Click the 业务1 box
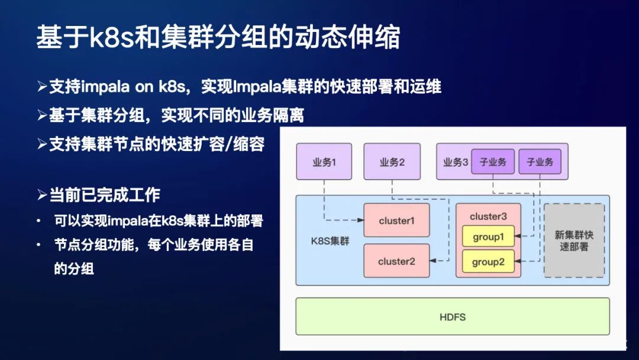pos(324,162)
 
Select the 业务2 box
pos(392,162)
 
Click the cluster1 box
pos(396,221)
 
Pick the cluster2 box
pos(396,261)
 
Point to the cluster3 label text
pos(488,216)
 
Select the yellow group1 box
pos(488,237)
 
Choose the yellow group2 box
pos(488,261)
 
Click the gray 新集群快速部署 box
pos(574,240)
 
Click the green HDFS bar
pos(453,317)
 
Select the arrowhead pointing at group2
pos(518,261)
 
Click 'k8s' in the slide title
pos(110,37)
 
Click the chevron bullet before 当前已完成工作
pos(41,195)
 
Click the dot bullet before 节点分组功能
pos(38,245)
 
